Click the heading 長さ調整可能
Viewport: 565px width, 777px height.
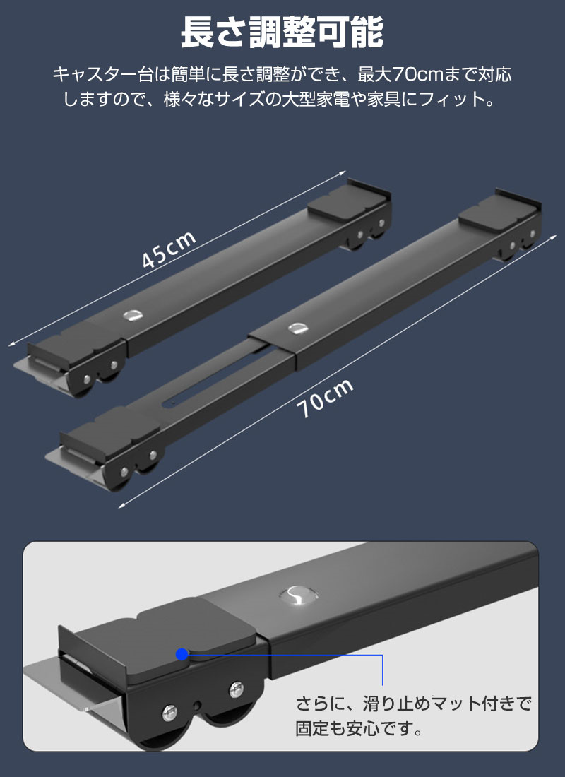pyautogui.click(x=282, y=32)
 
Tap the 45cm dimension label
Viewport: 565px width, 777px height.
pyautogui.click(x=169, y=250)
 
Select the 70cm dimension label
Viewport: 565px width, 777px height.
pyautogui.click(x=325, y=398)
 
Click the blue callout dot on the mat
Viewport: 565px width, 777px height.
pyautogui.click(x=182, y=654)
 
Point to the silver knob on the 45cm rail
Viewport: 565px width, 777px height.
pyautogui.click(x=133, y=314)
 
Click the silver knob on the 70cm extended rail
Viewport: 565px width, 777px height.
pyautogui.click(x=297, y=328)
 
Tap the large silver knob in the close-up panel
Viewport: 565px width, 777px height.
pyautogui.click(x=298, y=595)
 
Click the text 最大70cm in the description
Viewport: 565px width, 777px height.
pyautogui.click(x=400, y=76)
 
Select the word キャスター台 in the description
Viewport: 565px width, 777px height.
pyautogui.click(x=102, y=76)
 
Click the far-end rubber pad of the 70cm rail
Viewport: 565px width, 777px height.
pyautogui.click(x=497, y=212)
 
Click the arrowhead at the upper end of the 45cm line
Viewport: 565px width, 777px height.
pyautogui.click(x=343, y=173)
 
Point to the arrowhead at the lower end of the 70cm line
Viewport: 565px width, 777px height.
pyautogui.click(x=122, y=506)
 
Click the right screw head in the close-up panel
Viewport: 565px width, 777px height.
pyautogui.click(x=237, y=687)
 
